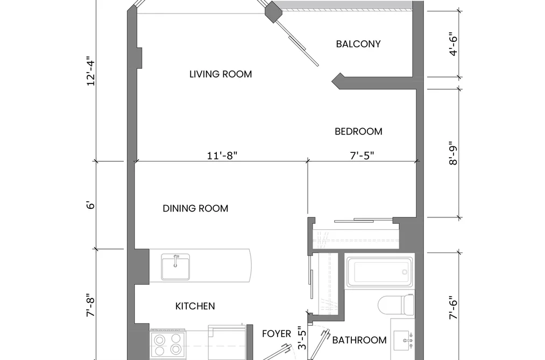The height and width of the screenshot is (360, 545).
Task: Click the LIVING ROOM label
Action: tap(221, 74)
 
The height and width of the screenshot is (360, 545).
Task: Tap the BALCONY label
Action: tap(358, 44)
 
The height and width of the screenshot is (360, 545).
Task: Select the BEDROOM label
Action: tap(358, 131)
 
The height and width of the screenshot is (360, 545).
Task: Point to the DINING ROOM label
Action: tap(195, 208)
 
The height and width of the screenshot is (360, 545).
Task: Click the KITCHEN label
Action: tap(195, 306)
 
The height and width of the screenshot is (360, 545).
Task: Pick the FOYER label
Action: tap(277, 334)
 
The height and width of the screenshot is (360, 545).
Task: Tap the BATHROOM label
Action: tap(359, 340)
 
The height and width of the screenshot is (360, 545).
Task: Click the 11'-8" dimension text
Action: tap(222, 156)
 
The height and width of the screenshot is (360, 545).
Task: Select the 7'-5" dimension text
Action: tap(362, 156)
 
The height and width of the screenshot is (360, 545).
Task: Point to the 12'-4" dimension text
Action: tap(91, 71)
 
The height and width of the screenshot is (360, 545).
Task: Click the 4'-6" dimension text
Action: tap(453, 44)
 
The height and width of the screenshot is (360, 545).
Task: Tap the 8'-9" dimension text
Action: tap(453, 153)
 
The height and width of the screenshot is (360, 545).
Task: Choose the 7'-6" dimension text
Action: tap(453, 308)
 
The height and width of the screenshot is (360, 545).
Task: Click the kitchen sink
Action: tap(175, 267)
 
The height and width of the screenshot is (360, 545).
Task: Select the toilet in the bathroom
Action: tap(396, 305)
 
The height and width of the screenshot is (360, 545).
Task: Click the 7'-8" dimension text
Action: tap(91, 306)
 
